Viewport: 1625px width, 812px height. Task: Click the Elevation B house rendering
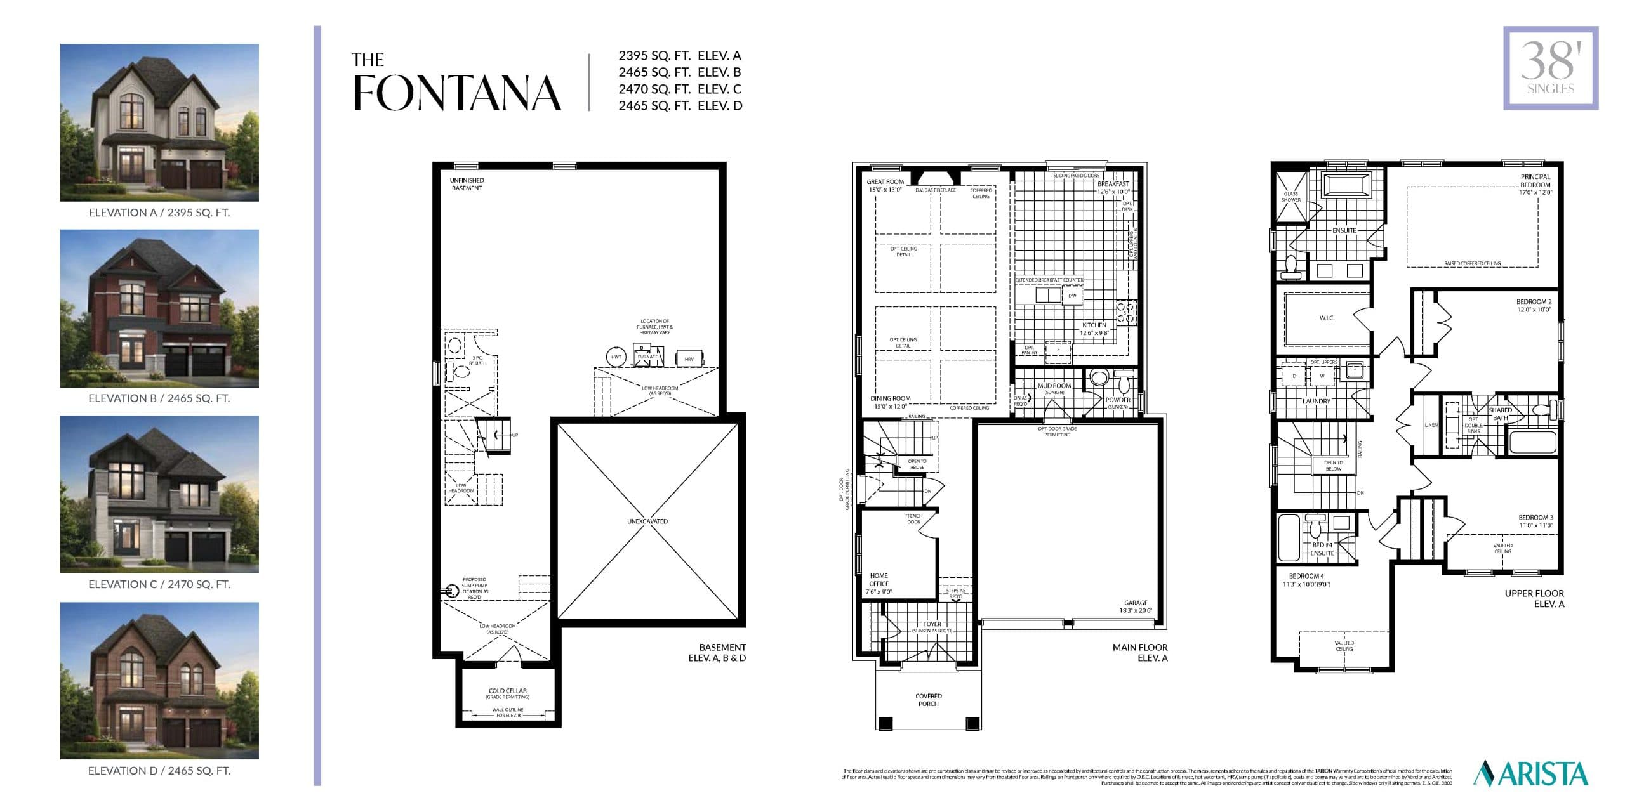[x=159, y=308]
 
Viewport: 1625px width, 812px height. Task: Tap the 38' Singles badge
[x=1550, y=68]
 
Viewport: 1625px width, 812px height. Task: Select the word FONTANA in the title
[x=457, y=94]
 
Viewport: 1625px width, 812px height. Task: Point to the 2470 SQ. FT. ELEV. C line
[x=680, y=89]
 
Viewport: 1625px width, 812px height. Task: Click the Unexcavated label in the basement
[x=647, y=521]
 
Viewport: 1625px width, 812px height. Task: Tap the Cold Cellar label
[x=507, y=691]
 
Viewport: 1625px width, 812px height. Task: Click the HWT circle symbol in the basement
[x=616, y=357]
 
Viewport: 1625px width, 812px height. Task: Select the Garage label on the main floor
[x=1136, y=603]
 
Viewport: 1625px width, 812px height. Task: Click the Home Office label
[x=879, y=580]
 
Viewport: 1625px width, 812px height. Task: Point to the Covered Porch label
[x=928, y=700]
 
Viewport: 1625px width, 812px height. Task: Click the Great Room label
[x=885, y=181]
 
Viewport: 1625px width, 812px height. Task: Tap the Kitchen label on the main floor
[x=1094, y=325]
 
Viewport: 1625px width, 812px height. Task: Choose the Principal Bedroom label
[x=1535, y=181]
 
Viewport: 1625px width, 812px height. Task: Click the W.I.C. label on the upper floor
[x=1327, y=318]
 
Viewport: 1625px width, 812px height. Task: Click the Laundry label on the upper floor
[x=1316, y=402]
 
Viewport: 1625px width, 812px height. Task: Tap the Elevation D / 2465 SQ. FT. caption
[x=159, y=771]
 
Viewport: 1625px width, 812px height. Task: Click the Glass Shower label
[x=1290, y=197]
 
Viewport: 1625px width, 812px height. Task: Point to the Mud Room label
[x=1054, y=386]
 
